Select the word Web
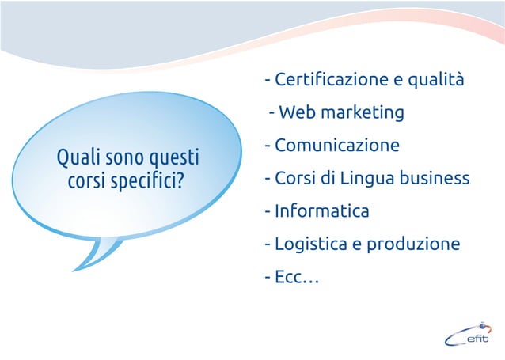296,113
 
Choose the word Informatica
322,211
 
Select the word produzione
412,244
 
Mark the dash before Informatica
268,212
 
